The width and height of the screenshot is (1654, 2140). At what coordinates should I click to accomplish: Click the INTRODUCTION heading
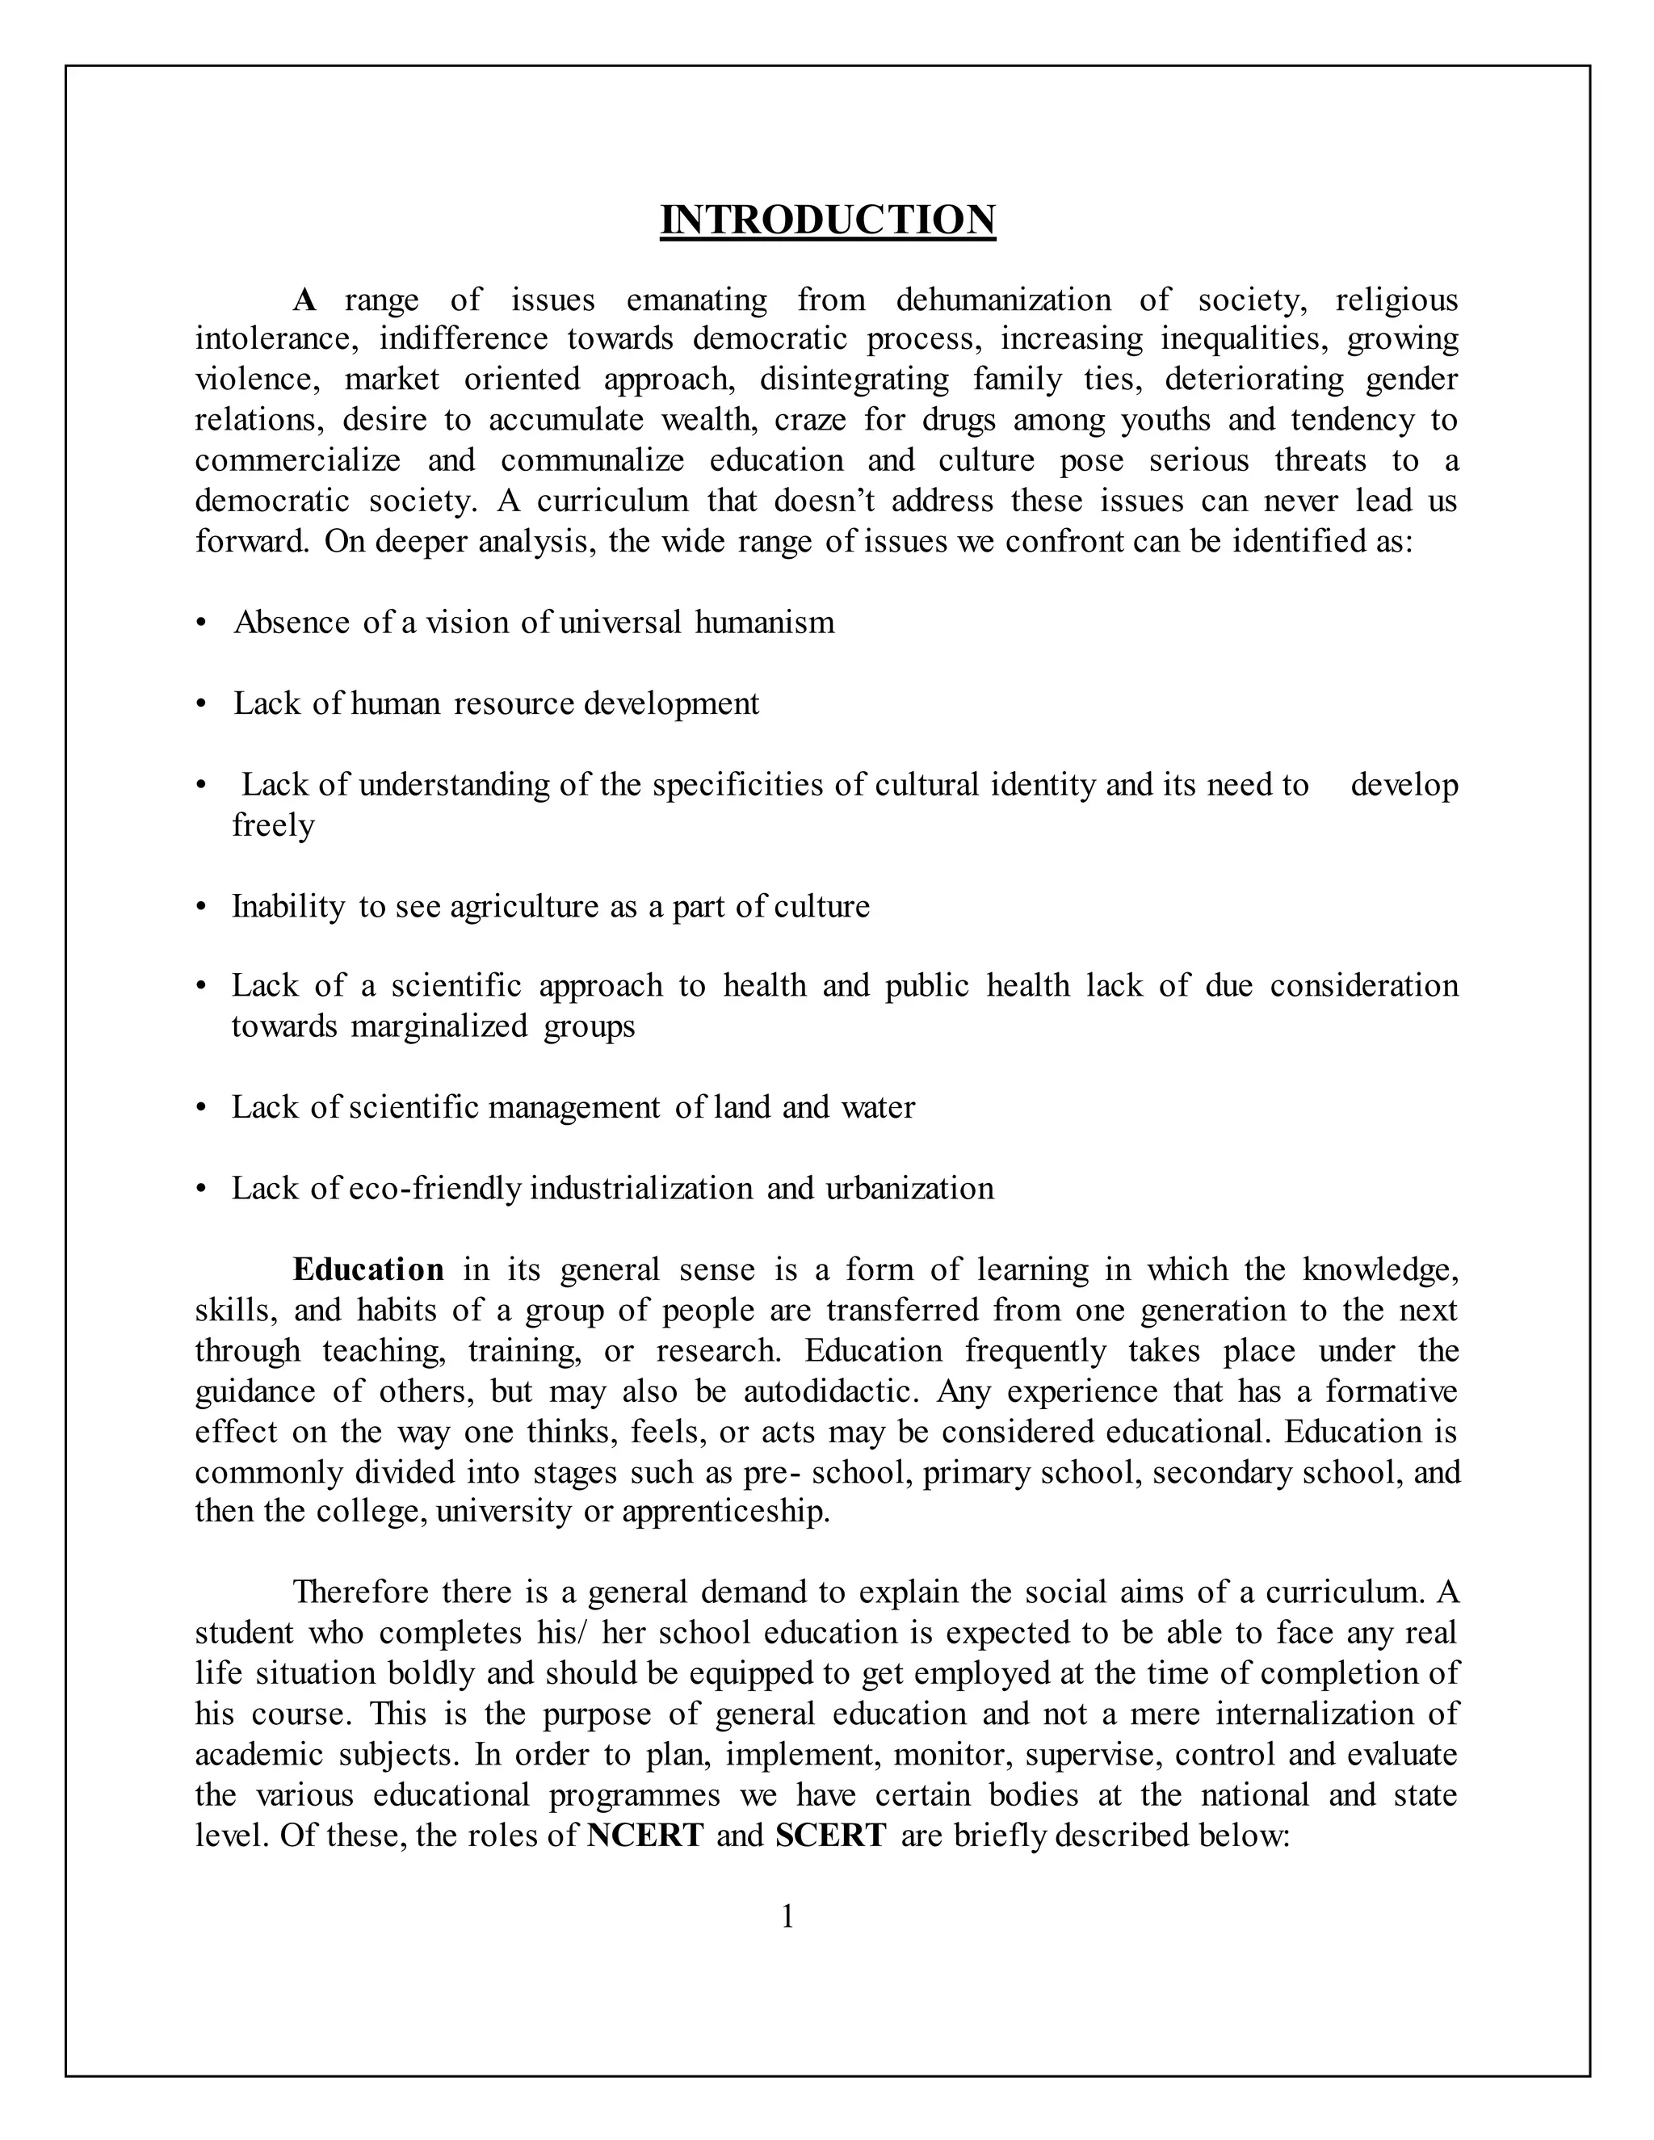tap(827, 220)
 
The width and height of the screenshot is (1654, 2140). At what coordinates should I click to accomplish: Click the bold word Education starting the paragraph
tap(368, 1270)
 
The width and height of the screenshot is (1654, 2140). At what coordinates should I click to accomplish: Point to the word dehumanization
tap(1003, 299)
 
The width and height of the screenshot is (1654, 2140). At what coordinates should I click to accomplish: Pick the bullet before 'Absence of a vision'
tap(202, 623)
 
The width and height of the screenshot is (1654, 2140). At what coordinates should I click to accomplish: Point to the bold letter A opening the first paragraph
tap(304, 300)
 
